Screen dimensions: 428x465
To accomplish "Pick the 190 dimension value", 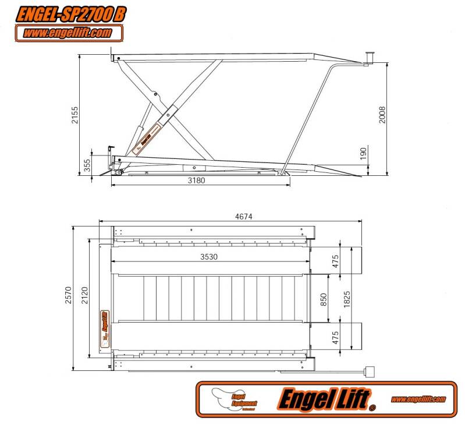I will [363, 153].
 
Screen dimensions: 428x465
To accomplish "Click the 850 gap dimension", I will [324, 299].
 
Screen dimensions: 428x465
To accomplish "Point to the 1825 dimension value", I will [346, 299].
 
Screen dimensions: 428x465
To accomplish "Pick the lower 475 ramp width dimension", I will [335, 337].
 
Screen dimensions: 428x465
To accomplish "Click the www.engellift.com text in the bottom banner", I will [418, 399].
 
